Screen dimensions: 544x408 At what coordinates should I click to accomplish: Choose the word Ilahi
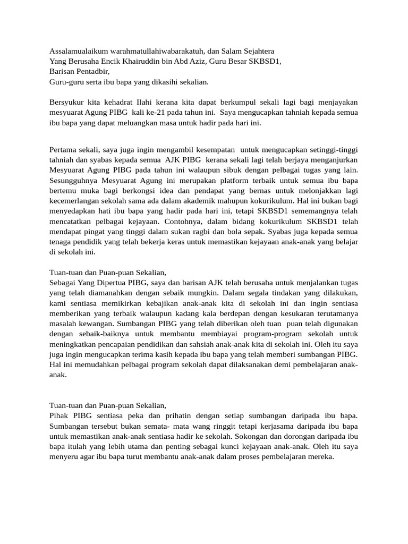(x=145, y=101)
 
